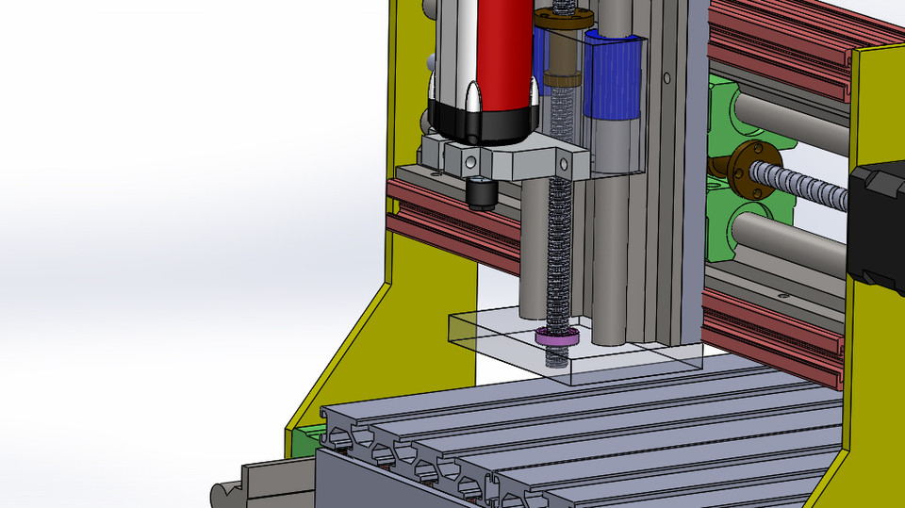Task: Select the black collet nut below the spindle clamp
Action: tap(481, 193)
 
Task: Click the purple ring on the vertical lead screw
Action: tap(556, 336)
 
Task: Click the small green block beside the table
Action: tap(306, 440)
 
